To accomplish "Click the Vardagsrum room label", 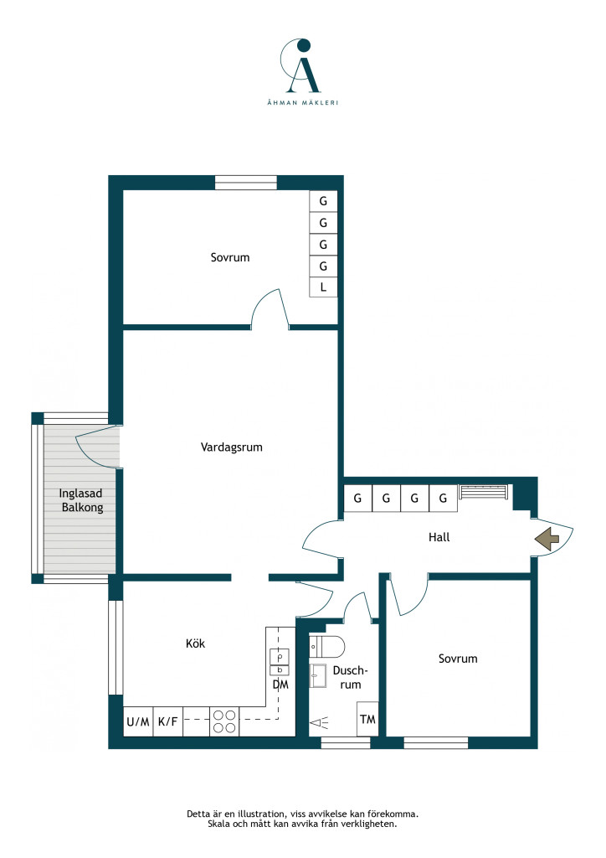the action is pos(231,447).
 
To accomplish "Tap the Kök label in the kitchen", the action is pos(195,643).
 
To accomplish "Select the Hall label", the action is pos(439,537).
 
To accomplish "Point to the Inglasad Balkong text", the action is pos(81,501).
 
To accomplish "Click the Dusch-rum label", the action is pos(350,677).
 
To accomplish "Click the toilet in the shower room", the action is pos(326,647).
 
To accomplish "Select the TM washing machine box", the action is pos(367,719).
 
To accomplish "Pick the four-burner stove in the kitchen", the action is pos(224,721).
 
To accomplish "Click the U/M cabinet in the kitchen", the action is pos(138,721).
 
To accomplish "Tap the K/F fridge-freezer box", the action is pos(167,721).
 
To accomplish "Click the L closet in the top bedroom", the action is pos(323,287).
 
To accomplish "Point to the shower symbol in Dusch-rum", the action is pos(321,723).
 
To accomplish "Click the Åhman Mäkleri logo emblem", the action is pos(301,65).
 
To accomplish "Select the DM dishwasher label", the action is pos(280,685).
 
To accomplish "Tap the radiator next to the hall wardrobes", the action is pos(483,491).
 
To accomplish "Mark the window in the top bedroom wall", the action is pos(246,182).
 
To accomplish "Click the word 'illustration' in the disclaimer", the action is pos(259,814).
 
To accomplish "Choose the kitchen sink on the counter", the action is pos(280,662).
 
